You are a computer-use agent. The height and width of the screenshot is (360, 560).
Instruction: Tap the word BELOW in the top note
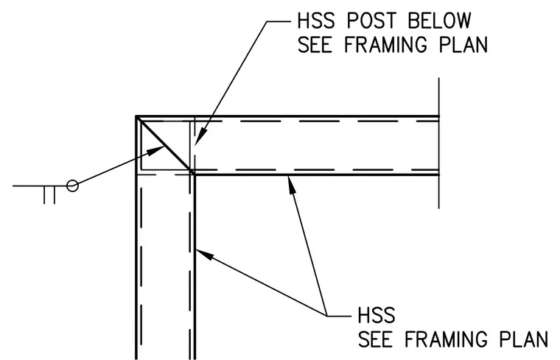point(440,21)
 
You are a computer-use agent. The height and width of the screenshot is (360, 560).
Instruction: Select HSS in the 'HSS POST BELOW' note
point(316,21)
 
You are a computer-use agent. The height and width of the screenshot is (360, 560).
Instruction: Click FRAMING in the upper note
point(385,45)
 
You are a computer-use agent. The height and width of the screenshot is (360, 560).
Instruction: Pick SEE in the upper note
point(315,45)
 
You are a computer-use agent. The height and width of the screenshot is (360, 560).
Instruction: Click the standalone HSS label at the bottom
point(377,315)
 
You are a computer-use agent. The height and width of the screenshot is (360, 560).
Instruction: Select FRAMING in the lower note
point(446,339)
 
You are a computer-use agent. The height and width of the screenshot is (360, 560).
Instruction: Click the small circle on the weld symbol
point(72,186)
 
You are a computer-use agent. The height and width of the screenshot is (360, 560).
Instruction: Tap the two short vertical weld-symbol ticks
point(49,195)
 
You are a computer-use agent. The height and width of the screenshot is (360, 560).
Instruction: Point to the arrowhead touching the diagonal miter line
point(156,150)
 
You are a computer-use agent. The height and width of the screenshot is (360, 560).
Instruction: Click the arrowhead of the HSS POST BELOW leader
point(199,136)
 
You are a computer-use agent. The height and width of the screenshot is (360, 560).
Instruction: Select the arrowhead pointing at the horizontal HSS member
point(292,185)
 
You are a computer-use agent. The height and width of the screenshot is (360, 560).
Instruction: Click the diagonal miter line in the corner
point(165,145)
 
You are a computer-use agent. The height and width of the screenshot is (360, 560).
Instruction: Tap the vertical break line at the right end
point(438,143)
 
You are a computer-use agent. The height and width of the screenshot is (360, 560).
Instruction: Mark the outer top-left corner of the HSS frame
point(136,116)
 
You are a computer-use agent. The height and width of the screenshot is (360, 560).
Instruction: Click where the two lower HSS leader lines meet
point(326,315)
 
